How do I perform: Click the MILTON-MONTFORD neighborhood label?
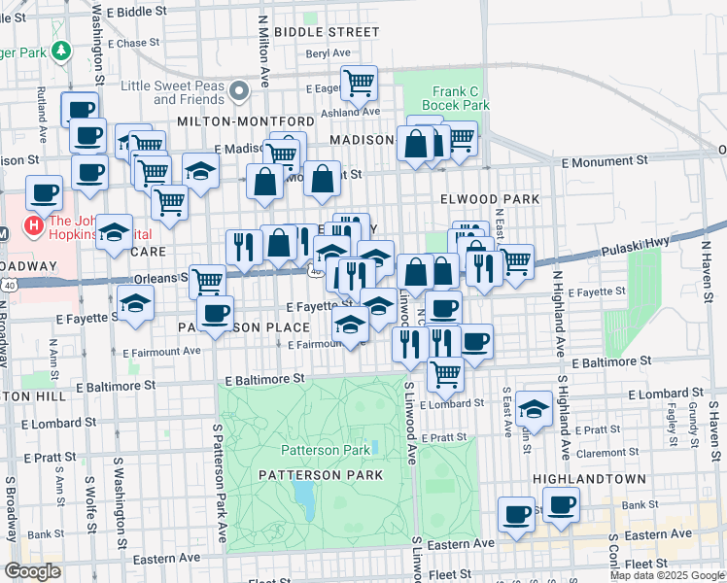click(x=246, y=120)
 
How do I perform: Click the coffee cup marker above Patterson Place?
click(x=216, y=313)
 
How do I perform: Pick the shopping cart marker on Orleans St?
click(x=207, y=281)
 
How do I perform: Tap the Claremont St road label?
click(x=606, y=453)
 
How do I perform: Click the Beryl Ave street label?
click(x=326, y=54)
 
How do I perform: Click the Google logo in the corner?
click(x=32, y=571)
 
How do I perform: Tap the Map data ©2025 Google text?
click(x=667, y=575)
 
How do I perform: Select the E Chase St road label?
click(x=132, y=44)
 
